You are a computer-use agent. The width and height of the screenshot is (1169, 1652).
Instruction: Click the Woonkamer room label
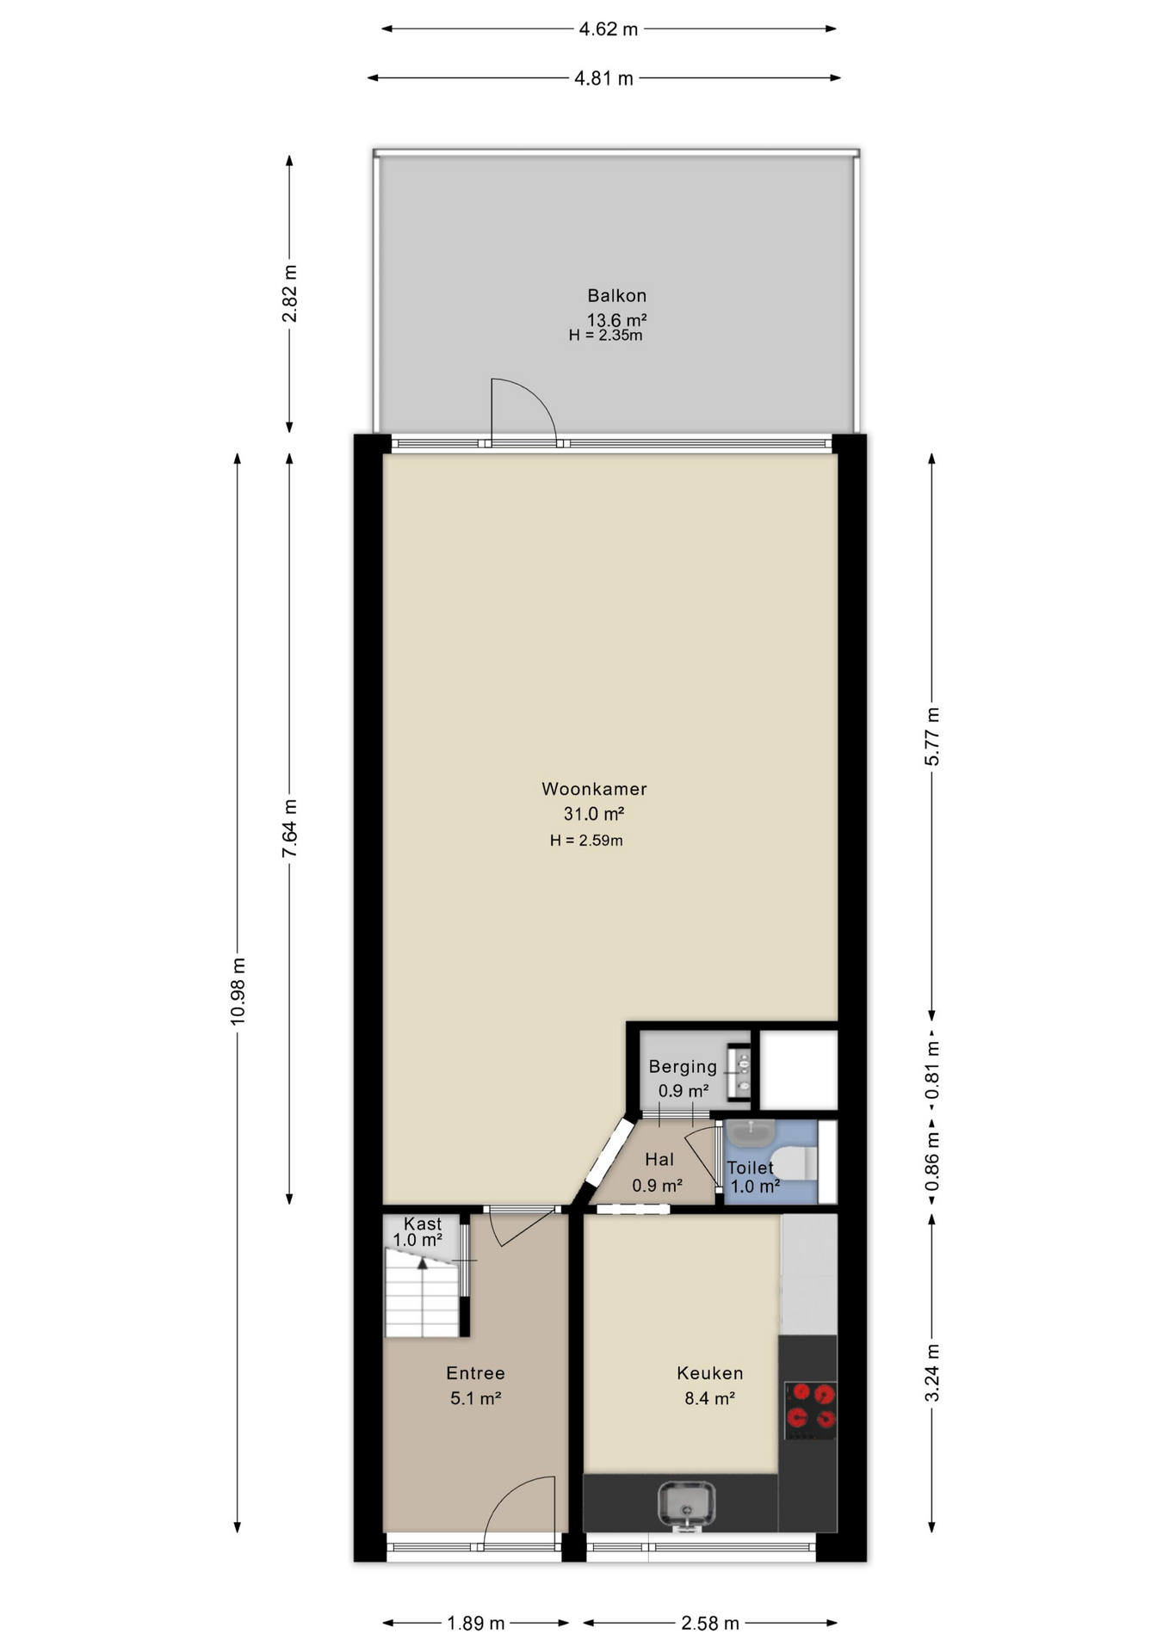tap(594, 789)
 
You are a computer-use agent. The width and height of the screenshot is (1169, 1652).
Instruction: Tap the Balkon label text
tap(616, 296)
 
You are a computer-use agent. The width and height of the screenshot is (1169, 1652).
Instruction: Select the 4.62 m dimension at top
tap(609, 29)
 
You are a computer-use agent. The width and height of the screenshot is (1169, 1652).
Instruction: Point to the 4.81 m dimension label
tap(604, 78)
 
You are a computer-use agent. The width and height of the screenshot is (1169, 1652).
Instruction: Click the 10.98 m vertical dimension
tap(238, 990)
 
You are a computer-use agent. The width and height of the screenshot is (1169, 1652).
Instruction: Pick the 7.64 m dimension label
tap(290, 828)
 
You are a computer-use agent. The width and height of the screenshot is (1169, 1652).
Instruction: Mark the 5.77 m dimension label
tap(932, 737)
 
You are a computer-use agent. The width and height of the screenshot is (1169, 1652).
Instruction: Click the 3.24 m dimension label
tap(932, 1373)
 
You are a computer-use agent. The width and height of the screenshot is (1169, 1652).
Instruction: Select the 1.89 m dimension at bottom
tap(476, 1624)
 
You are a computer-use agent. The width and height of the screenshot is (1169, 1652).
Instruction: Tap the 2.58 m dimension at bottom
tap(710, 1624)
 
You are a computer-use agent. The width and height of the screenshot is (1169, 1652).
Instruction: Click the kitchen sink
tap(686, 1507)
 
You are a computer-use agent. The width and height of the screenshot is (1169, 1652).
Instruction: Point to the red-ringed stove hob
tap(811, 1410)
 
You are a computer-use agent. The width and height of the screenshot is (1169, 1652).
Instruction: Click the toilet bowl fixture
tap(794, 1162)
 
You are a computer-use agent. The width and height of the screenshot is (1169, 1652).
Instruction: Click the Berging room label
tap(683, 1067)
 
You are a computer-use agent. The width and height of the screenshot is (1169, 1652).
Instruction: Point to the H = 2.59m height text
tap(586, 841)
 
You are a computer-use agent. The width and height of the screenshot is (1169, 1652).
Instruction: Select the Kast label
tap(423, 1224)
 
